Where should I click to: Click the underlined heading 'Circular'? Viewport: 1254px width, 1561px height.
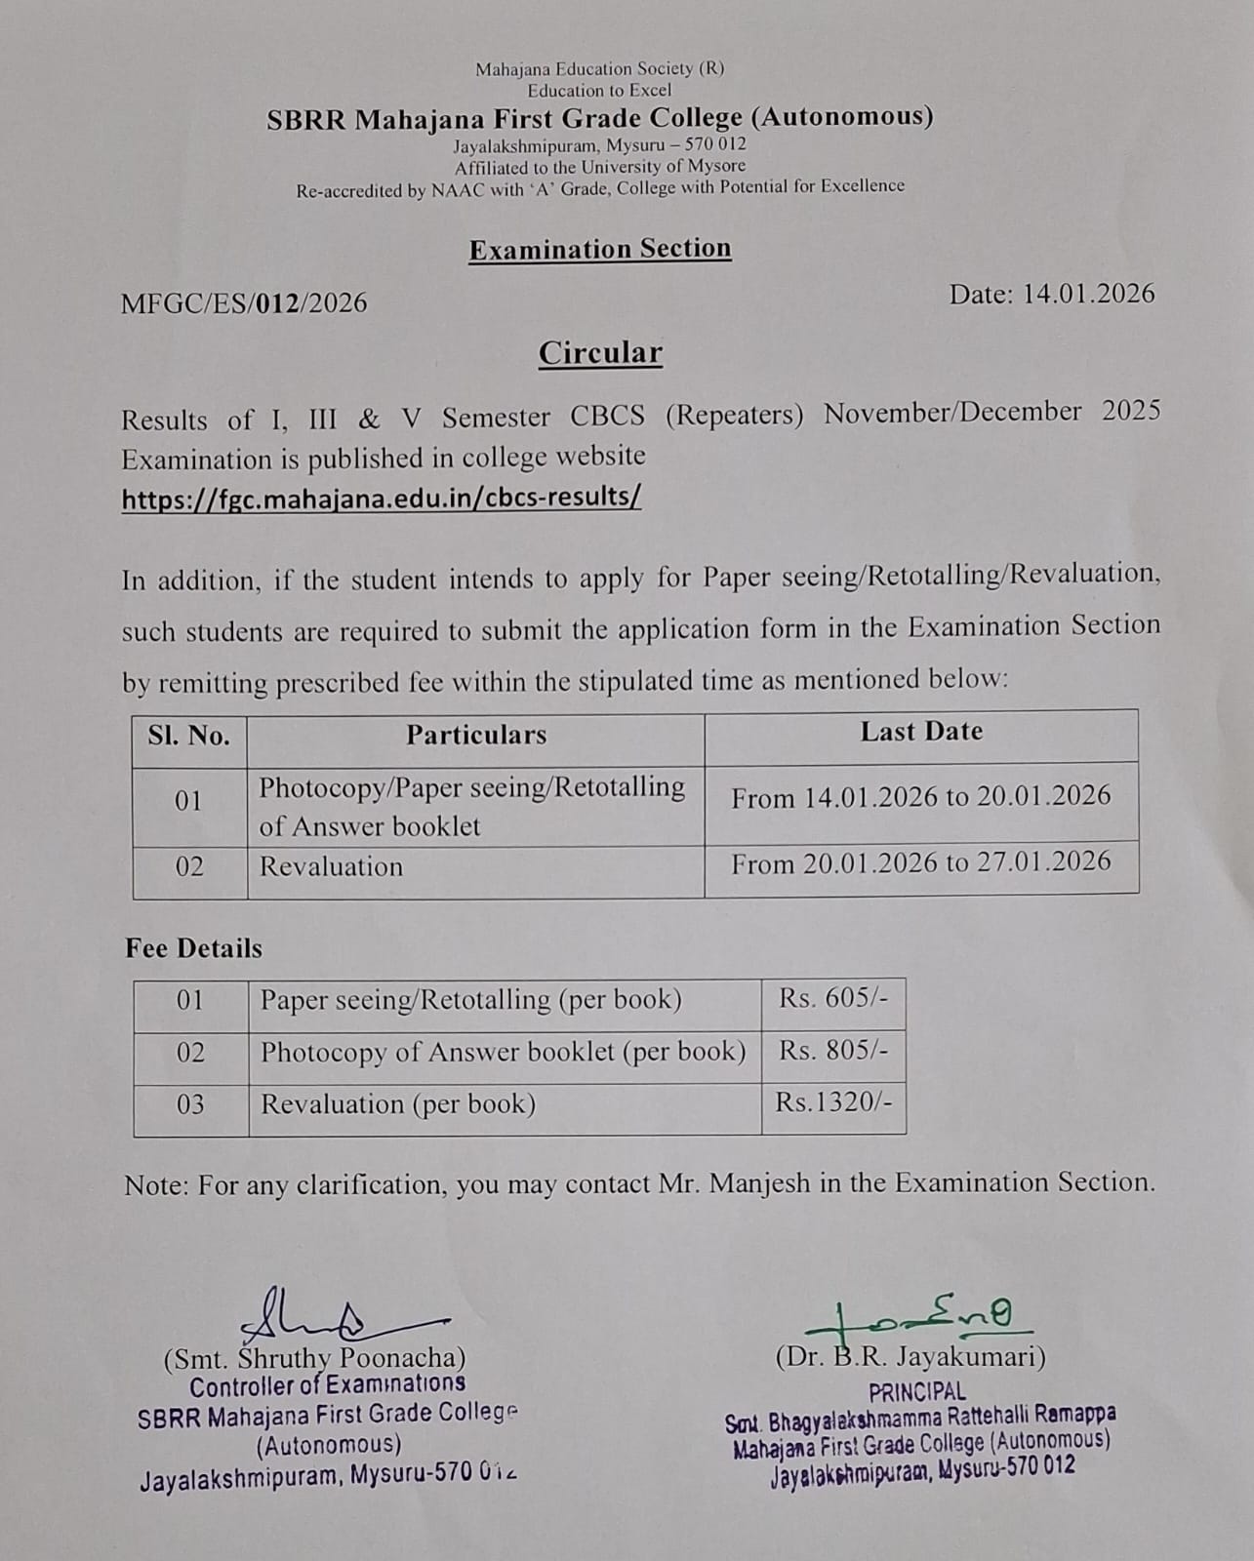(x=600, y=352)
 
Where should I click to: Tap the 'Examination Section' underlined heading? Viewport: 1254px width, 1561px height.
(x=600, y=249)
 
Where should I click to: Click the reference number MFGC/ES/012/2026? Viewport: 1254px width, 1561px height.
(x=244, y=302)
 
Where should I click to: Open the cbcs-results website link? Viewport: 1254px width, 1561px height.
(x=381, y=498)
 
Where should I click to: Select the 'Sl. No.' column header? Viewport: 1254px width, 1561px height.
(x=189, y=736)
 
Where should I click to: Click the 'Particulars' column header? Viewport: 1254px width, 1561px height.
(x=476, y=735)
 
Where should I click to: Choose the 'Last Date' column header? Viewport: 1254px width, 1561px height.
(x=921, y=732)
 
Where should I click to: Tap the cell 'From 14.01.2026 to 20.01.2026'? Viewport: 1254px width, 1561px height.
(x=921, y=797)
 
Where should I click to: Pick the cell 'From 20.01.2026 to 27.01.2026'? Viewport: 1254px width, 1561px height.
(x=921, y=862)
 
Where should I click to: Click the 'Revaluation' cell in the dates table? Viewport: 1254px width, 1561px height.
(x=332, y=866)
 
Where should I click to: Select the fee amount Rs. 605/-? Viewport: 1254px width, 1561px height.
(x=833, y=998)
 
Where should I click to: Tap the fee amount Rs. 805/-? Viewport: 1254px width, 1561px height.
(x=833, y=1050)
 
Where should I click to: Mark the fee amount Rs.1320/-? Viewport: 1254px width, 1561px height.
(x=833, y=1102)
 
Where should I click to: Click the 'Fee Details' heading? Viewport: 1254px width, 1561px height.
(x=193, y=948)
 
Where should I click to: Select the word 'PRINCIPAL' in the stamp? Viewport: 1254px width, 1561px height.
(x=917, y=1391)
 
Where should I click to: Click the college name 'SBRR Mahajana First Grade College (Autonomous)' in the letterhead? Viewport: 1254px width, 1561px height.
(x=600, y=118)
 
